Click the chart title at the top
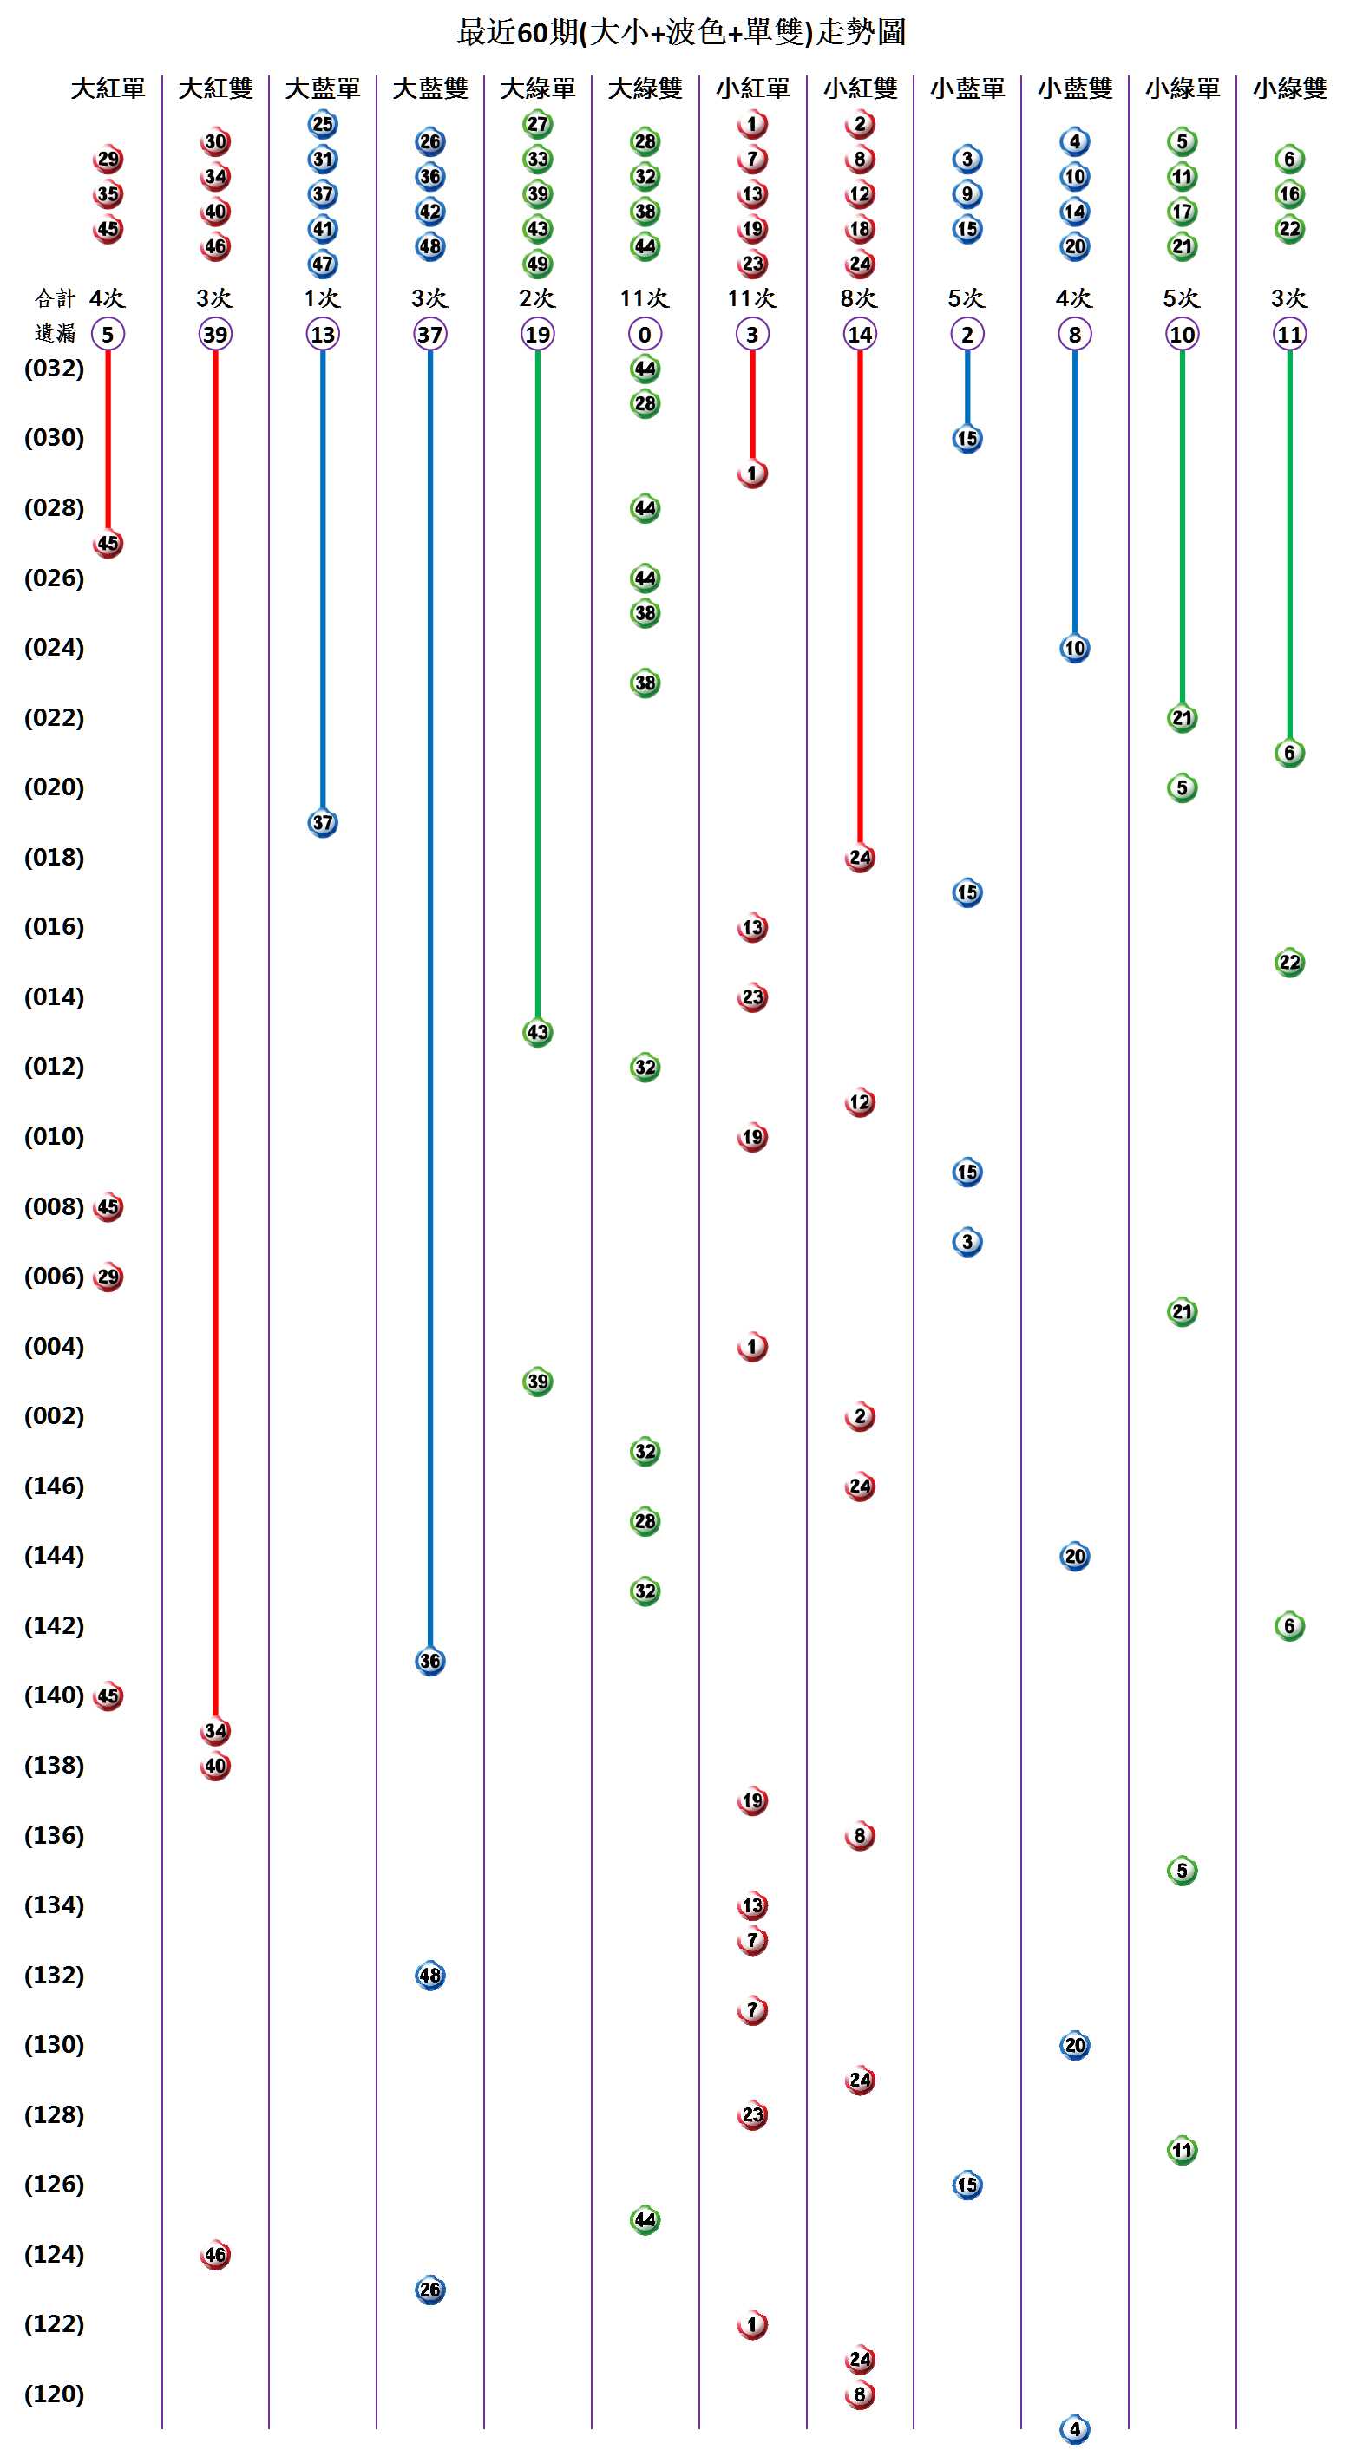point(681,33)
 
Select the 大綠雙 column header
point(645,88)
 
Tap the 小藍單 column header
point(967,88)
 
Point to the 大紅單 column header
point(108,88)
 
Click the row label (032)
point(54,368)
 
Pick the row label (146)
point(54,1486)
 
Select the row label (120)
point(54,2394)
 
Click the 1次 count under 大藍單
point(323,298)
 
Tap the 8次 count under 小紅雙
point(859,298)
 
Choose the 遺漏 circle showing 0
point(645,334)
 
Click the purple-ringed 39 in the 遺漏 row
point(215,334)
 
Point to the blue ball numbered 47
point(323,264)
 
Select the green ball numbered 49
point(537,264)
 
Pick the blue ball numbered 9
point(967,194)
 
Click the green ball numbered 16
point(1288,194)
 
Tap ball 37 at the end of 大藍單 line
point(323,823)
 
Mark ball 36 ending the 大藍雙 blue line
point(430,1661)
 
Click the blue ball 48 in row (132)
point(430,1976)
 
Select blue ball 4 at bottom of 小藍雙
point(1075,2429)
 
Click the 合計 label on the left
point(54,298)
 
